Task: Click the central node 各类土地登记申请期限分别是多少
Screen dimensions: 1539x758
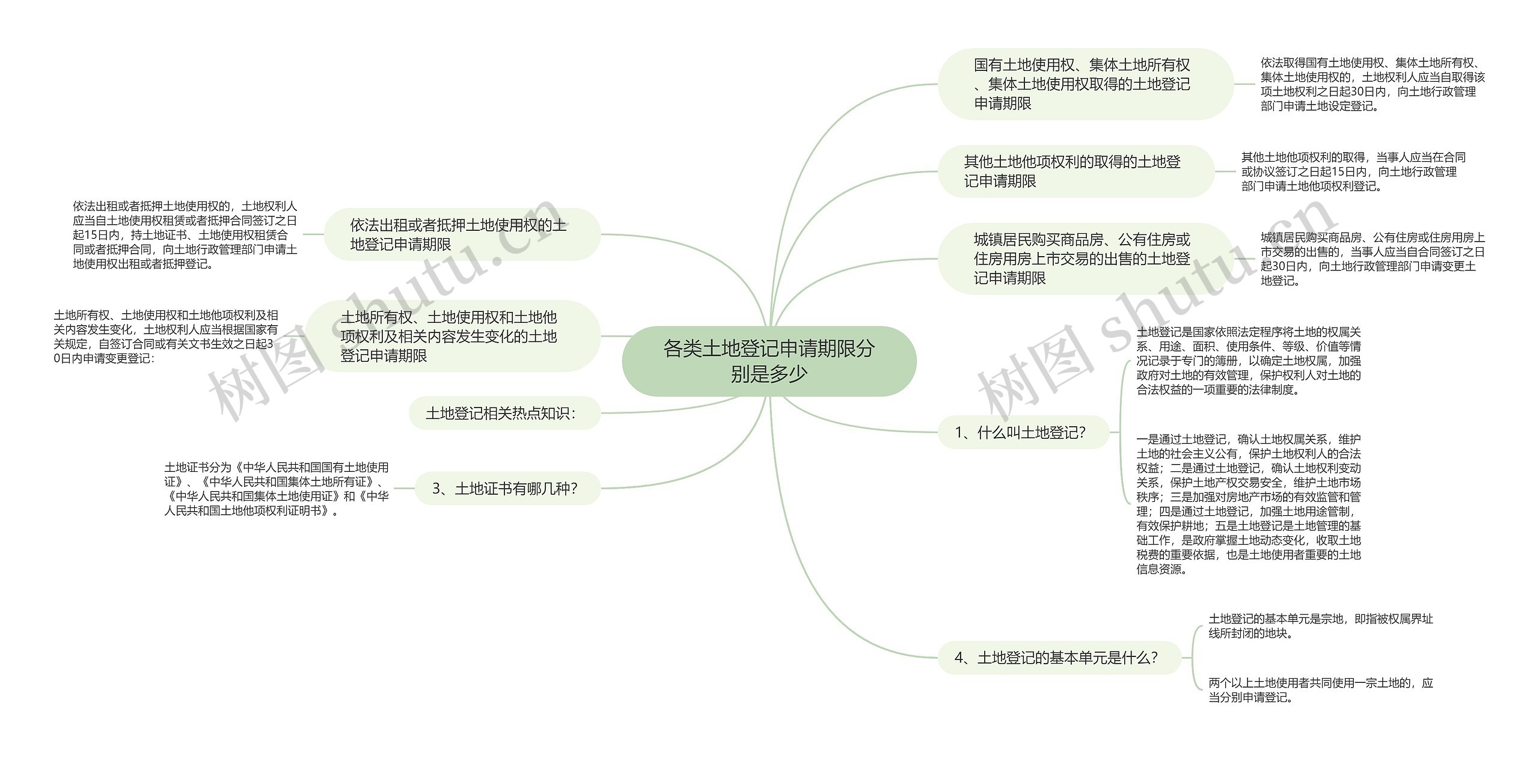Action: (x=769, y=361)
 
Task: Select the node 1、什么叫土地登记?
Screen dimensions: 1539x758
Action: (x=1023, y=432)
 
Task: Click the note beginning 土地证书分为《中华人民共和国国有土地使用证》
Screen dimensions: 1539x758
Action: (x=277, y=489)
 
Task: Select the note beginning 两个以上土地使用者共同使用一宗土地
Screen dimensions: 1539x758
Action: (x=1321, y=690)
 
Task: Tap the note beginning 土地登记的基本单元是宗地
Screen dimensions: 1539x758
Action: (x=1321, y=626)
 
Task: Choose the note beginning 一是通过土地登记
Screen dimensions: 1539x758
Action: (x=1248, y=504)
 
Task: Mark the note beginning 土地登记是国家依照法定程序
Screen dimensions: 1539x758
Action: (x=1248, y=361)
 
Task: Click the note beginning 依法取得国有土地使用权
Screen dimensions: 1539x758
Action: (x=1372, y=84)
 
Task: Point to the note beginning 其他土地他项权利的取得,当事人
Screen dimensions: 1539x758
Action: (x=1353, y=171)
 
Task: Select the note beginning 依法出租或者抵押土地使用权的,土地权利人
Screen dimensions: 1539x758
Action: (x=185, y=234)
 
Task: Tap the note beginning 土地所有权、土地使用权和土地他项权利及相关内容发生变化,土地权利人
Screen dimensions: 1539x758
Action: (x=166, y=336)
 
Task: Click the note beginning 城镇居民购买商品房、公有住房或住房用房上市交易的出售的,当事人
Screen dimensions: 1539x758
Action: (x=1372, y=258)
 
